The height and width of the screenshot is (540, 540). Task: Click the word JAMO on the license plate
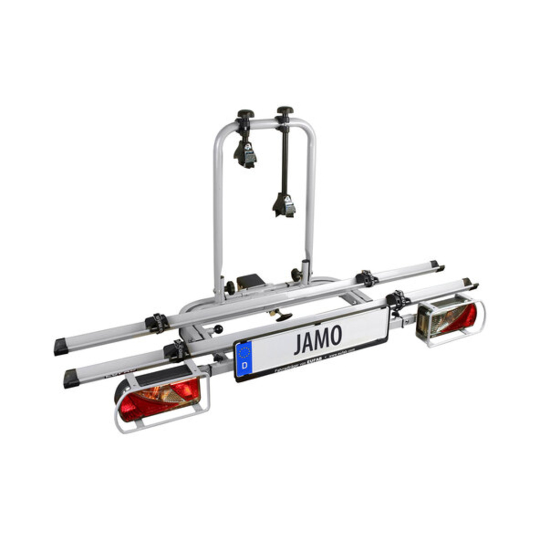coord(318,338)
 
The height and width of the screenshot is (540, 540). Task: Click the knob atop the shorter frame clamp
coord(246,114)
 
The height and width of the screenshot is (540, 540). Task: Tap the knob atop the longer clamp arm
coord(285,110)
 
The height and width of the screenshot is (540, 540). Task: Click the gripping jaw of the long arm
coord(284,205)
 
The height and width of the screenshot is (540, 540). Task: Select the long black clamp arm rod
coord(284,157)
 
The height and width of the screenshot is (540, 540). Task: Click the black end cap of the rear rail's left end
coord(61,347)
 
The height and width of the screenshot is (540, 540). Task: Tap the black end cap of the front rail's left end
coord(71,378)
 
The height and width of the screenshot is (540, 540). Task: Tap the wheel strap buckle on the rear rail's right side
coord(368,278)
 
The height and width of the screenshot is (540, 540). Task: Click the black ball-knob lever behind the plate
coord(218,330)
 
